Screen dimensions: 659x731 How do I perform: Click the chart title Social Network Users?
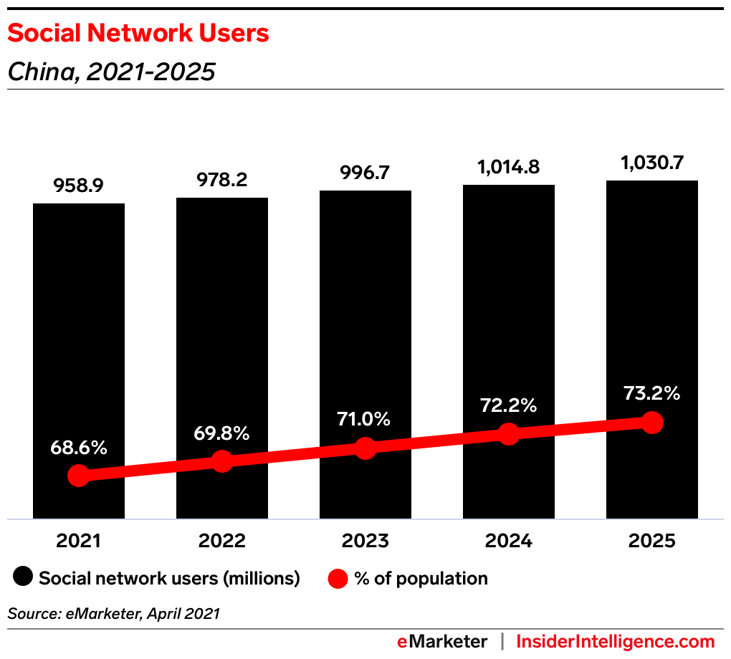138,33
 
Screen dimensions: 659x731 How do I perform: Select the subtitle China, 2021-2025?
111,72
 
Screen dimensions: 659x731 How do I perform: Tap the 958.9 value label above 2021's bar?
78,186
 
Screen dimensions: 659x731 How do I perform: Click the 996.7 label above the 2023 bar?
365,173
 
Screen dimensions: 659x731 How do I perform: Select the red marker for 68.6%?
78,476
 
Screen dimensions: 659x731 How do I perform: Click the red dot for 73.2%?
651,423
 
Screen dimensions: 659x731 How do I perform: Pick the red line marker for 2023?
365,448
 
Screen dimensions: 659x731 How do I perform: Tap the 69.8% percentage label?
221,433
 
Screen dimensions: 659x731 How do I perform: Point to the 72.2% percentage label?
508,405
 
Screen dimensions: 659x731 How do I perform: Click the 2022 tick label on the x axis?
221,541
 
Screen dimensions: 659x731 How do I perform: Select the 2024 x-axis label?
508,541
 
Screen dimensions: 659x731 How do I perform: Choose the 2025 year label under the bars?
651,541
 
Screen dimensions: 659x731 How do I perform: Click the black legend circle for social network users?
24,578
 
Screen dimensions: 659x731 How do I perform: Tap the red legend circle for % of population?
338,578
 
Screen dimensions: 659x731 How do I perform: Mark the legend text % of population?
421,578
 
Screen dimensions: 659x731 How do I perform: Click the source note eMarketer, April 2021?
113,613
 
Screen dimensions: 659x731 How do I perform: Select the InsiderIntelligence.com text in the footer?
616,641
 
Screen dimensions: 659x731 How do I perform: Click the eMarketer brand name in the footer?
442,641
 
